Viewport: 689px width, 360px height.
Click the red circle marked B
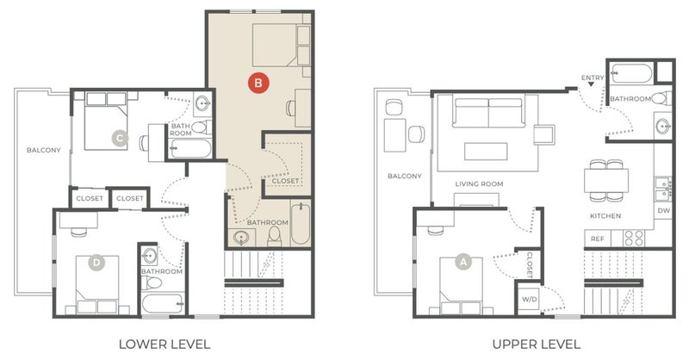tap(258, 83)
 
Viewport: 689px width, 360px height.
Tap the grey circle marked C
tap(120, 139)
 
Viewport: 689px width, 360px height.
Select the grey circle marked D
tap(96, 264)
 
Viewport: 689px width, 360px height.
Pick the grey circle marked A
tap(462, 263)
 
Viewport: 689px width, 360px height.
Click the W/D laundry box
tap(529, 299)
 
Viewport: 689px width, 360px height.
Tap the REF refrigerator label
tap(597, 239)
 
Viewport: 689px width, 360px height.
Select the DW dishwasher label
tap(663, 210)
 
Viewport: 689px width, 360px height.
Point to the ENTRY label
tap(593, 78)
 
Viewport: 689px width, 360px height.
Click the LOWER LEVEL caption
tap(164, 344)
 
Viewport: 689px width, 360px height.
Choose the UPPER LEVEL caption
tap(536, 344)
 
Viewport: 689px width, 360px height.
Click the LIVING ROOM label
tap(479, 184)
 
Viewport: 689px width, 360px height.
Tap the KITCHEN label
tap(605, 216)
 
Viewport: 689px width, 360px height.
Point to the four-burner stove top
tap(634, 239)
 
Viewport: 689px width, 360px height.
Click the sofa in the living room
tap(488, 113)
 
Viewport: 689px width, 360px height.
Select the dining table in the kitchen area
tap(606, 180)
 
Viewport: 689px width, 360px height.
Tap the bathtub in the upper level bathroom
tap(632, 74)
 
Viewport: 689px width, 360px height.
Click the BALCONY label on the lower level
tap(44, 151)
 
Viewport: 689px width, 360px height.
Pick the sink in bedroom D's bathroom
tap(149, 255)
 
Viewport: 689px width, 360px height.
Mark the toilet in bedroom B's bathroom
tap(275, 237)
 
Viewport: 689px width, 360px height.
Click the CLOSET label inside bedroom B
tap(285, 181)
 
